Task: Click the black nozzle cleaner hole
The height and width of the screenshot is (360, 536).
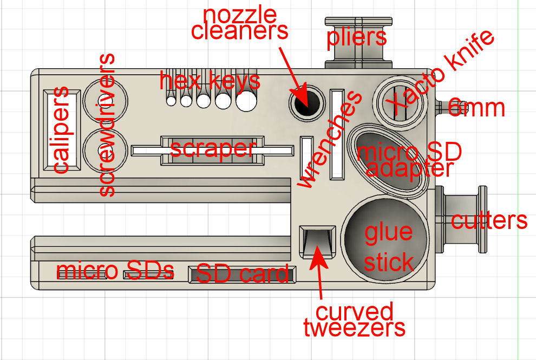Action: click(x=306, y=102)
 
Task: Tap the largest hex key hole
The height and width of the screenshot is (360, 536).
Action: click(x=246, y=101)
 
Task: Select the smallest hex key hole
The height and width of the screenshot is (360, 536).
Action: click(x=171, y=101)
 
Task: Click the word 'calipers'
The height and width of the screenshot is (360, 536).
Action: click(x=61, y=130)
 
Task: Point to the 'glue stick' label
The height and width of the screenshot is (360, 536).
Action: click(x=389, y=247)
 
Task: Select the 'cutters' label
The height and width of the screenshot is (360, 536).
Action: click(x=489, y=220)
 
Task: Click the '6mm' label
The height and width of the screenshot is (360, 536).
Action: click(x=476, y=108)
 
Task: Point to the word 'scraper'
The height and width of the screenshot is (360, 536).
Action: click(x=213, y=149)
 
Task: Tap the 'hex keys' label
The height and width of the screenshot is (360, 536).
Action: click(x=210, y=81)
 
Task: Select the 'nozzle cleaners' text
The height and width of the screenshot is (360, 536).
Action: click(x=240, y=23)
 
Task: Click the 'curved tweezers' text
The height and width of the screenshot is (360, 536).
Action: click(x=355, y=319)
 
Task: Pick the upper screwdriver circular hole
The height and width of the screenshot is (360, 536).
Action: click(x=105, y=101)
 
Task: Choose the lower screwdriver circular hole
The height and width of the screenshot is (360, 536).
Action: click(x=105, y=150)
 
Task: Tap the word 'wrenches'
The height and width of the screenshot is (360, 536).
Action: click(x=330, y=140)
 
